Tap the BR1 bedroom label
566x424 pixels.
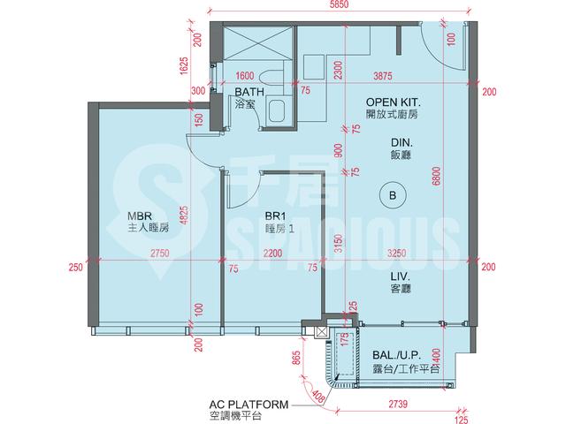coord(275,216)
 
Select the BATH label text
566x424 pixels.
coord(249,92)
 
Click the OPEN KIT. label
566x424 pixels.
coord(394,102)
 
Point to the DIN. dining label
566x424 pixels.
coord(402,142)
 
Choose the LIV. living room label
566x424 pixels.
coord(401,276)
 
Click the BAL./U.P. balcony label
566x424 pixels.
coord(397,355)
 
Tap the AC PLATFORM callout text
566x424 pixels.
coord(249,405)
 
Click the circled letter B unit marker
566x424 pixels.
coord(393,195)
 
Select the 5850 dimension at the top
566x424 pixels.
coord(338,4)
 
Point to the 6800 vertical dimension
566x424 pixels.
coord(437,177)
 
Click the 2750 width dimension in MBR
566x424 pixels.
coord(160,254)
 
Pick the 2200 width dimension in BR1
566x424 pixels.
coord(272,254)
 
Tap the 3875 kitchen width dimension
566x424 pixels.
coord(383,76)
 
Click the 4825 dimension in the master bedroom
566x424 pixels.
coord(184,216)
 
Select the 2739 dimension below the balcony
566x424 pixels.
coord(398,405)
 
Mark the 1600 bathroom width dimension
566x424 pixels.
coord(244,76)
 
